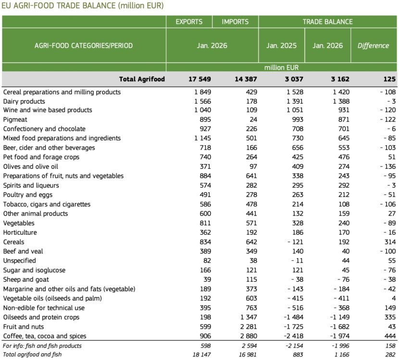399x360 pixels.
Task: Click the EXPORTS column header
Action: [189, 22]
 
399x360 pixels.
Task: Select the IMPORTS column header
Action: [235, 22]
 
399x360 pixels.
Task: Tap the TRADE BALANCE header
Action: [327, 22]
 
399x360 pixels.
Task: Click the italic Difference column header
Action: [373, 46]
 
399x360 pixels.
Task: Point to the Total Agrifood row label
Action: [142, 79]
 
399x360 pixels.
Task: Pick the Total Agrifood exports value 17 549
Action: [198, 79]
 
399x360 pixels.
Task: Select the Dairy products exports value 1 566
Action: [201, 101]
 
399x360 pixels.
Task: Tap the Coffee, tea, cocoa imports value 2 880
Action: [247, 336]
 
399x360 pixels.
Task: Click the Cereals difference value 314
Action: [389, 242]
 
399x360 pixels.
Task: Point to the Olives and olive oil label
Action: [31, 167]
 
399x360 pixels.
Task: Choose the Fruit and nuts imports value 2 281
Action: [247, 327]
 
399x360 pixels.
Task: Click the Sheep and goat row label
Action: [26, 280]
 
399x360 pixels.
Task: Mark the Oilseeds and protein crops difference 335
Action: [389, 317]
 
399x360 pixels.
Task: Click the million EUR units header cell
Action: [281, 68]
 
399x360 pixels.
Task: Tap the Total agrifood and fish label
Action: [32, 355]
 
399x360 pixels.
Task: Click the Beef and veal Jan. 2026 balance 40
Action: [345, 252]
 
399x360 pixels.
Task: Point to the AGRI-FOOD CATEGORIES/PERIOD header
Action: [84, 46]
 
